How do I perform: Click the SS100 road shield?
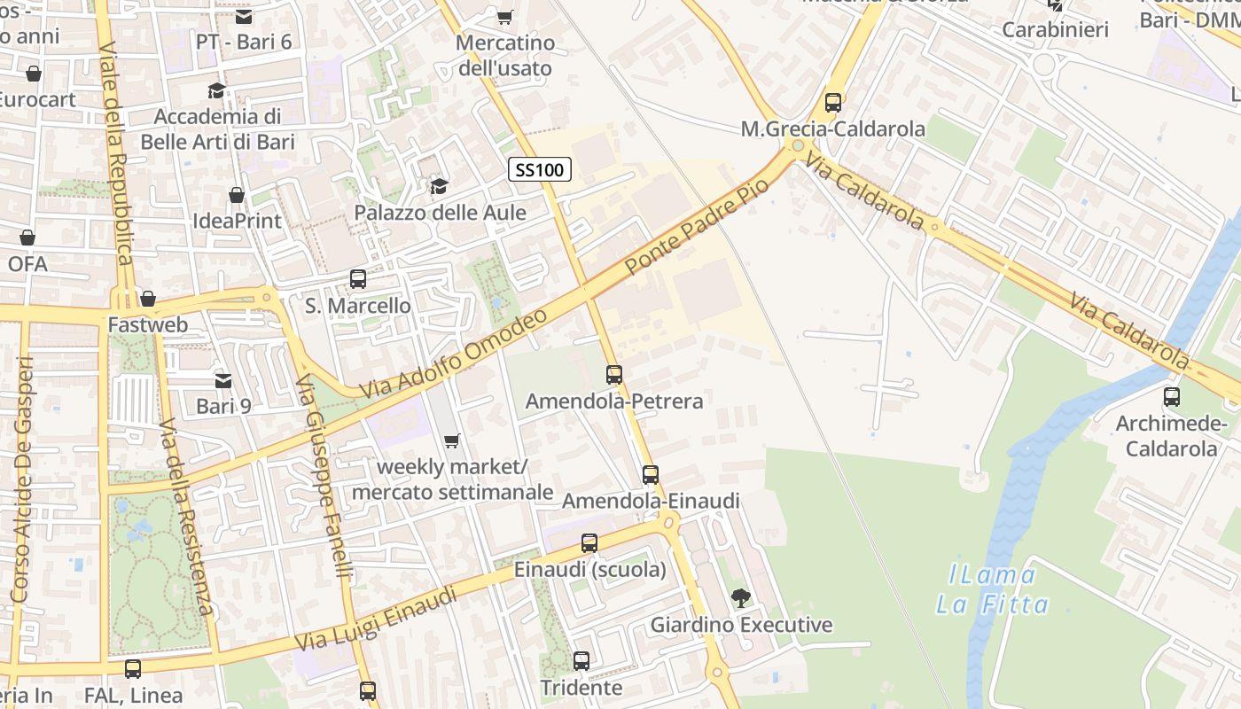[x=539, y=169]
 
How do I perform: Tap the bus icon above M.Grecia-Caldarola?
[x=832, y=103]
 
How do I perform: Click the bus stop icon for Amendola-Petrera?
[x=614, y=375]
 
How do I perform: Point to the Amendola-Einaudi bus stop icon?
[x=651, y=475]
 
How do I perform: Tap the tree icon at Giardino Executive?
[x=740, y=598]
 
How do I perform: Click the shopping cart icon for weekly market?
[x=452, y=440]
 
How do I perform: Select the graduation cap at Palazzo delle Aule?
[x=439, y=186]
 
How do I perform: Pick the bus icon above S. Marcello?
[x=358, y=279]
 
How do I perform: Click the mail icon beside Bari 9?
[x=223, y=380]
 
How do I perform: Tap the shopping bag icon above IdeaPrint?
[x=237, y=194]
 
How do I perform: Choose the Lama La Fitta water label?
[x=992, y=590]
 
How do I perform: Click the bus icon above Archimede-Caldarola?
[x=1171, y=397]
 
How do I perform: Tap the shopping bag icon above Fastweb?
[x=148, y=299]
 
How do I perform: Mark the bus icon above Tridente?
[x=581, y=661]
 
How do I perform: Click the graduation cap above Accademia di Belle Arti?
[x=216, y=90]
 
